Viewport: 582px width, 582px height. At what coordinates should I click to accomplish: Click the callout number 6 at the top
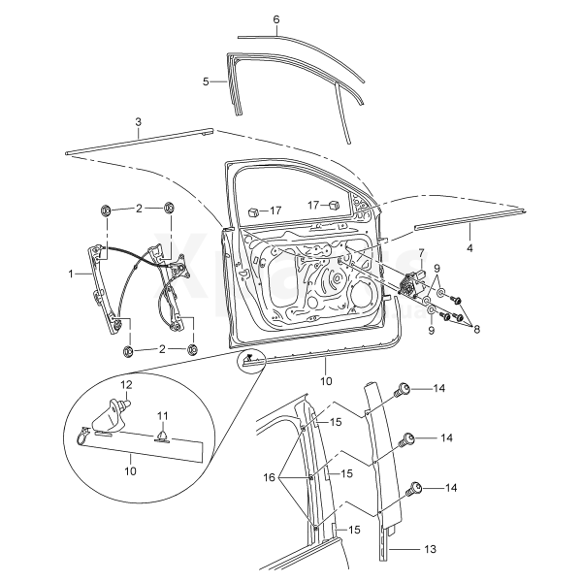click(276, 19)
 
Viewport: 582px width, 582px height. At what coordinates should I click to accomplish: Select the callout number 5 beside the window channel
click(206, 81)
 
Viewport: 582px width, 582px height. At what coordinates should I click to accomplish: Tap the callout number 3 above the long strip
click(138, 122)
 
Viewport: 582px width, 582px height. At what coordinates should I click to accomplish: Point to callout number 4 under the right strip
click(469, 247)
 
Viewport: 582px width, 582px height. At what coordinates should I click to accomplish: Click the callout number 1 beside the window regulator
click(71, 274)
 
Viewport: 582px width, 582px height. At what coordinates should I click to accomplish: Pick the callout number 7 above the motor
click(421, 253)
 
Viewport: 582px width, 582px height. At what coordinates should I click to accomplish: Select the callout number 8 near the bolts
click(476, 329)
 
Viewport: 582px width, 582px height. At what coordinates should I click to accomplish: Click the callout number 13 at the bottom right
click(430, 549)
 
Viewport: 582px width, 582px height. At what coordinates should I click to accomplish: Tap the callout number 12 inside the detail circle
click(126, 384)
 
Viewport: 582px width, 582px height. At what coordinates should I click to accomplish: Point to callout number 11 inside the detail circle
click(162, 416)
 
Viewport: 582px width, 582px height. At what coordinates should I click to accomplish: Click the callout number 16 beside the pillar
click(269, 477)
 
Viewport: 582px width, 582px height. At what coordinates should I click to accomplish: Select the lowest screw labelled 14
click(414, 489)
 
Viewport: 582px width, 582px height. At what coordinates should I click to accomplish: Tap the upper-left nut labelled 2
click(105, 210)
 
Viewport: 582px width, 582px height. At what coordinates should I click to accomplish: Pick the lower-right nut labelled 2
click(192, 349)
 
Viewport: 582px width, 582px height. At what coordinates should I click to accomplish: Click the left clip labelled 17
click(253, 212)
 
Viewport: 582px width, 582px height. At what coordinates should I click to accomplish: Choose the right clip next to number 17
click(335, 205)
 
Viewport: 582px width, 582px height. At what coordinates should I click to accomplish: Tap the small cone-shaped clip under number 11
click(162, 436)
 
